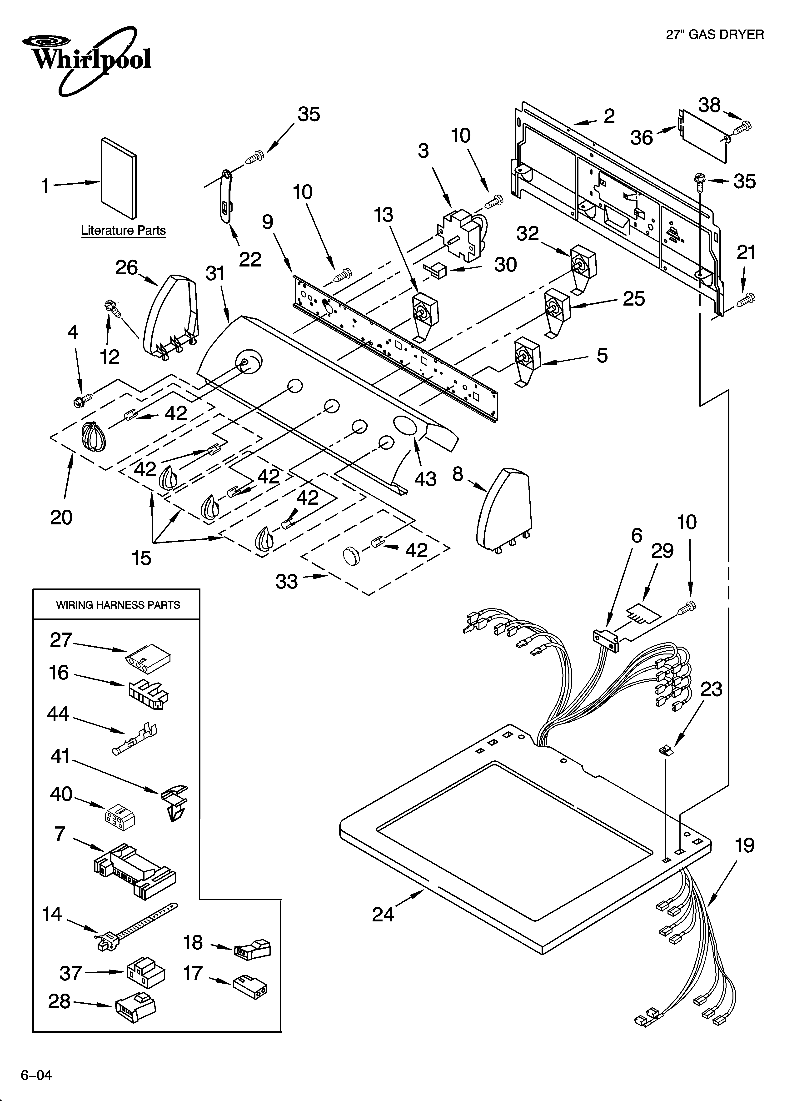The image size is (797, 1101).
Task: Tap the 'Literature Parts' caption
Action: (x=123, y=231)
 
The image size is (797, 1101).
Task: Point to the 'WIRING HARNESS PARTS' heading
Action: (x=118, y=605)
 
